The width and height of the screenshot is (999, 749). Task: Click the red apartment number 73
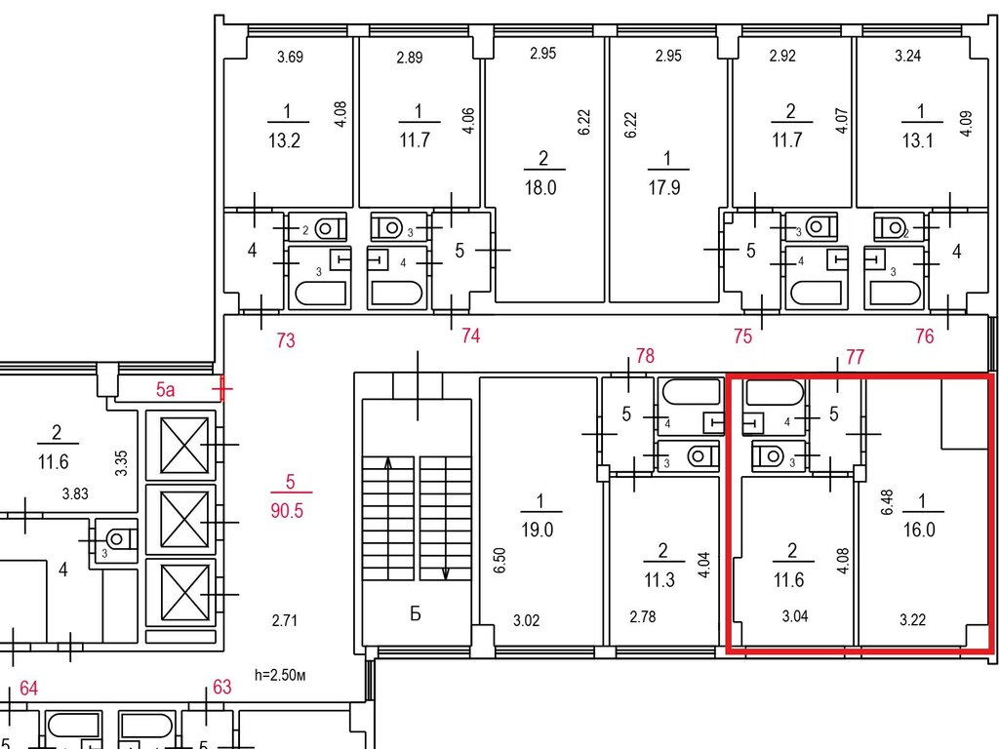click(x=286, y=340)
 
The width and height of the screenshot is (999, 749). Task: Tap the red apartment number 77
click(x=855, y=357)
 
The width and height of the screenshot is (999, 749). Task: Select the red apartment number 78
click(x=646, y=355)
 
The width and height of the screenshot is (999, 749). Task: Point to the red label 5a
click(x=166, y=389)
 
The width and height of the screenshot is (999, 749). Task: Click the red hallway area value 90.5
click(x=287, y=511)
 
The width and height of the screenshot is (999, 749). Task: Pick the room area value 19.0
click(x=538, y=530)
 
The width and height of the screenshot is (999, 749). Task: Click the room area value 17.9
click(x=664, y=188)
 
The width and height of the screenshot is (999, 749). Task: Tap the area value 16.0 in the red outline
click(x=919, y=530)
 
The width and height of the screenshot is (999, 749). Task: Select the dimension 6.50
click(x=499, y=560)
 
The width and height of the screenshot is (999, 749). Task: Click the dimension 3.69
click(x=290, y=58)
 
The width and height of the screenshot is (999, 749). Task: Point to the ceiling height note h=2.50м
click(x=280, y=675)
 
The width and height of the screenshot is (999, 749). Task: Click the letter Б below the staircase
click(x=416, y=614)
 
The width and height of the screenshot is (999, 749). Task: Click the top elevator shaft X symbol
click(x=184, y=445)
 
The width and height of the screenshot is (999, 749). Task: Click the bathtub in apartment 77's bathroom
click(x=775, y=392)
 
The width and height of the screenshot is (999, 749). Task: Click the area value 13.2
click(x=284, y=140)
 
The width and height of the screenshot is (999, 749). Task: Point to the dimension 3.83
click(x=75, y=493)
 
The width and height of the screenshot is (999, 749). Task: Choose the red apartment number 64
click(x=28, y=689)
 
